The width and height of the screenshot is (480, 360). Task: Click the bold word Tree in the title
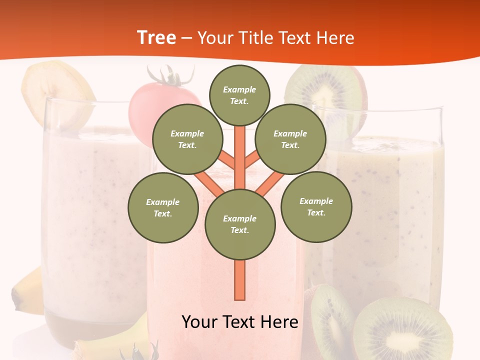pos(156,37)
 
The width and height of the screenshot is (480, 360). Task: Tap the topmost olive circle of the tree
pos(239,95)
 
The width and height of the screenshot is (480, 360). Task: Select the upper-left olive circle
pos(187,139)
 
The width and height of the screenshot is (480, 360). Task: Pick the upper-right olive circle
pos(290,139)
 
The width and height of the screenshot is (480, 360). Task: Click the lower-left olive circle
pos(163,207)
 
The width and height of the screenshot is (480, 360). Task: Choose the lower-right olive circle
pos(316,206)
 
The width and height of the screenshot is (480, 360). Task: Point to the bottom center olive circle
pos(240,224)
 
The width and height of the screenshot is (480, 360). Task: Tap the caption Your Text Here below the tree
pos(240,321)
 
